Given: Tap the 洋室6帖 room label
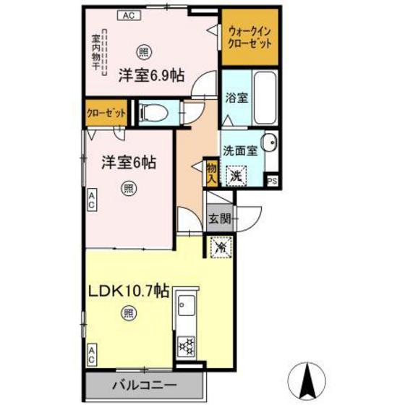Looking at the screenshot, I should click(x=128, y=163).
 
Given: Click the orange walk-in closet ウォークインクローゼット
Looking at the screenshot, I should click(x=250, y=37).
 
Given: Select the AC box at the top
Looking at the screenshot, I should click(x=127, y=14).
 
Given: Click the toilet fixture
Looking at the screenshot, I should click(x=153, y=113).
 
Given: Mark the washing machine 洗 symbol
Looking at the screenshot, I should click(x=236, y=174).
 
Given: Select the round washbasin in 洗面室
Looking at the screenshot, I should click(x=270, y=143).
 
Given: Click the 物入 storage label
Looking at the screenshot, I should click(x=212, y=170).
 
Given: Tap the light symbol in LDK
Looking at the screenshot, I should click(x=128, y=313).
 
